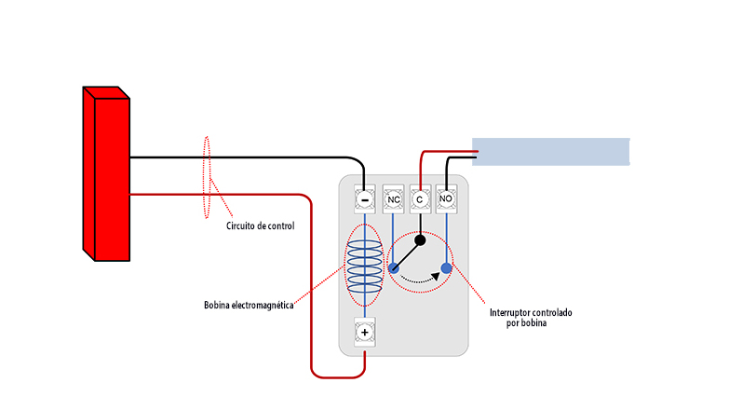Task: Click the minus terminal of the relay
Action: click(x=365, y=199)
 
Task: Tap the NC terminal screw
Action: click(x=393, y=199)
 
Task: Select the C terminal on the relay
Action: click(x=420, y=199)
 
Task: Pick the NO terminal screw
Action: click(x=446, y=199)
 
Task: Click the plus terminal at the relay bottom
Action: click(x=365, y=333)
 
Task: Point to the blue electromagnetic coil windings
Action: click(x=365, y=266)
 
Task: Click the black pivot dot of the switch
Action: click(x=420, y=240)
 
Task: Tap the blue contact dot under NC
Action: click(x=393, y=267)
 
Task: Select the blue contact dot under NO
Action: click(x=446, y=267)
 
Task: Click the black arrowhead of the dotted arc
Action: click(x=436, y=277)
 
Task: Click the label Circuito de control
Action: click(x=261, y=226)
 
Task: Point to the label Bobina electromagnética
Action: click(x=249, y=306)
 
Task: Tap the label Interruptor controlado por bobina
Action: click(x=531, y=318)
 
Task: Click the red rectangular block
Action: click(x=106, y=173)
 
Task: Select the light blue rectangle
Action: click(x=551, y=152)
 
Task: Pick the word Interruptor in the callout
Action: click(x=510, y=313)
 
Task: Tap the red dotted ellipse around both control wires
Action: click(x=204, y=177)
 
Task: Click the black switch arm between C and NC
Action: click(x=406, y=254)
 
